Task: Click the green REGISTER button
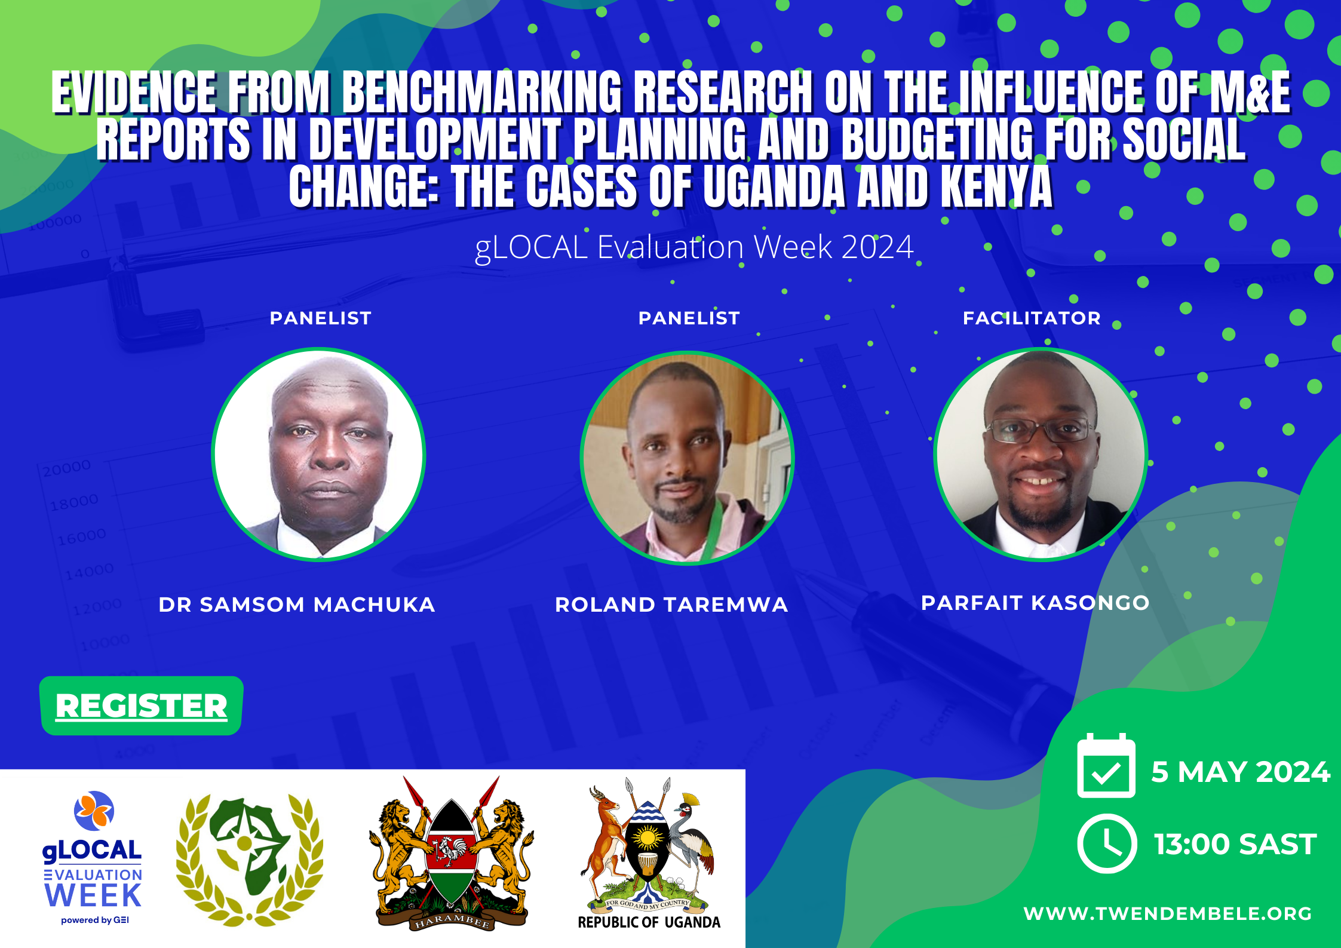click(141, 705)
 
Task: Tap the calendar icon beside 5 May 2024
click(1106, 766)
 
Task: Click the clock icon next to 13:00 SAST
click(1107, 843)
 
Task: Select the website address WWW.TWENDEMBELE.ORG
click(1168, 913)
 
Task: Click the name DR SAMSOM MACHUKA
click(297, 605)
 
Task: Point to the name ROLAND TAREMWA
click(671, 605)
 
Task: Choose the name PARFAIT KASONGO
click(1035, 603)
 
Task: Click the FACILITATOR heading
click(1032, 318)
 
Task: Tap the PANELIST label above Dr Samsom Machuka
click(321, 318)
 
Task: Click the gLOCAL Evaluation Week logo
click(93, 858)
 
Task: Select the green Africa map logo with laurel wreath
click(250, 860)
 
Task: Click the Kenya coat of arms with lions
click(452, 853)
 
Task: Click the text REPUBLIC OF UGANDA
click(649, 922)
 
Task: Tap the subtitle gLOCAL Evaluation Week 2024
click(694, 247)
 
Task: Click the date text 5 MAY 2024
click(1241, 772)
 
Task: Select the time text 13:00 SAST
click(1235, 844)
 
